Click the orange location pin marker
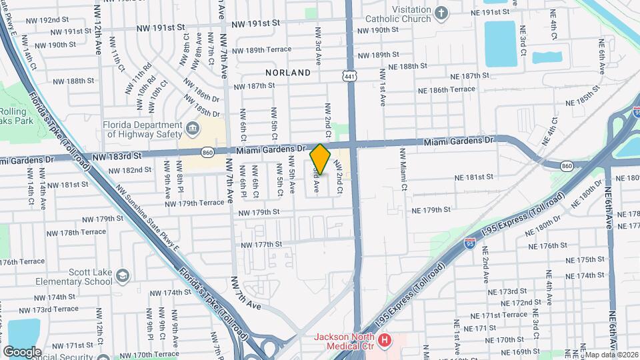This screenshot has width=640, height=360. click(321, 159)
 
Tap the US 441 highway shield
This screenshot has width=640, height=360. click(350, 77)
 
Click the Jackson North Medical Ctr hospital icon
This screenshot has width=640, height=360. click(384, 341)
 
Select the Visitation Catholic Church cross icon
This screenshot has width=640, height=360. click(441, 13)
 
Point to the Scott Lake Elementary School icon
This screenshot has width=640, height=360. click(123, 275)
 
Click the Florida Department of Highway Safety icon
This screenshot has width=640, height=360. click(192, 127)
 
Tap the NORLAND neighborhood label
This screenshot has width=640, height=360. click(288, 72)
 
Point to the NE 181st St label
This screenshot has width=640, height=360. click(473, 177)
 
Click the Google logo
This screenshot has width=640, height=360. click(22, 351)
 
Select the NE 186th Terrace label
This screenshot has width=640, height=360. click(446, 89)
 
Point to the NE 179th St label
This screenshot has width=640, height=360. click(431, 209)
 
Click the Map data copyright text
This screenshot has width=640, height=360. click(611, 355)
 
